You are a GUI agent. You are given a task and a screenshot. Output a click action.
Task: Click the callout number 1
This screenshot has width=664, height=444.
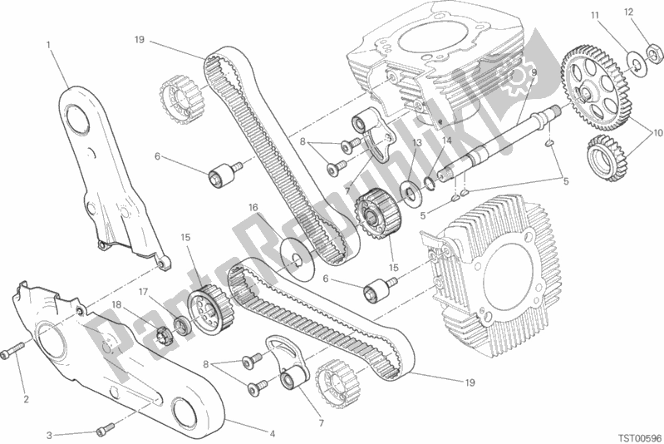(49, 45)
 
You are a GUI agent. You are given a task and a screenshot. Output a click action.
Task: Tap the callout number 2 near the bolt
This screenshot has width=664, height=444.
(27, 398)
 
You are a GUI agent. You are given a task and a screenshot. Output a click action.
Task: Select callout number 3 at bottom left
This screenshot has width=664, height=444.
(49, 435)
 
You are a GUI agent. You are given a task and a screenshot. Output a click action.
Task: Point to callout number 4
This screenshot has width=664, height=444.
(273, 433)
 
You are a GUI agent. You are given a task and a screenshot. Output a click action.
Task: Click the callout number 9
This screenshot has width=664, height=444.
(534, 72)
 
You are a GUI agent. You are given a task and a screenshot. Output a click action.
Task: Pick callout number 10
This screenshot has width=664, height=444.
(657, 133)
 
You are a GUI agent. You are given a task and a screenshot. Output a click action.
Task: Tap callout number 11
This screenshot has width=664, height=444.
(595, 16)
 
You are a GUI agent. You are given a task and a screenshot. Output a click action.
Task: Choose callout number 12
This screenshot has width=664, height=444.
(628, 12)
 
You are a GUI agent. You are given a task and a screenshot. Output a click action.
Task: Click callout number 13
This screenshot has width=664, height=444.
(417, 143)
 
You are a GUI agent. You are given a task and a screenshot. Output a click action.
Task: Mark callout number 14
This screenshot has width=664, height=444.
(447, 140)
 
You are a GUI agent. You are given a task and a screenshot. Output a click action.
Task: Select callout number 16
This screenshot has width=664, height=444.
(253, 208)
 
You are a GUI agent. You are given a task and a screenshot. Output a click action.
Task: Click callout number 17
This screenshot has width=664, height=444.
(143, 292)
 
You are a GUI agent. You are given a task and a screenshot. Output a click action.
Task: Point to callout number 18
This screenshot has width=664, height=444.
(117, 304)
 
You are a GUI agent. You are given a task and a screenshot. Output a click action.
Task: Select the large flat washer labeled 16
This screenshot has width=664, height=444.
(298, 259)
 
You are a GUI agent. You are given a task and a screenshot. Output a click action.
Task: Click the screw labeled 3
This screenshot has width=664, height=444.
(106, 429)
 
